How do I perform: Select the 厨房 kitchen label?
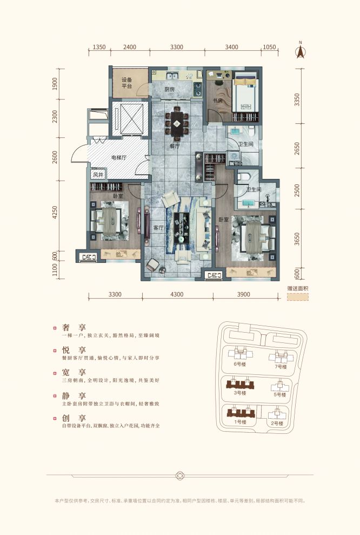[x=170, y=89]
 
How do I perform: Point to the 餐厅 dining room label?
[x=175, y=146]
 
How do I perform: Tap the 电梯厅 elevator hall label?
[x=118, y=158]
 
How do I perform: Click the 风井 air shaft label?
[x=97, y=175]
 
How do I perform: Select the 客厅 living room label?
[x=158, y=228]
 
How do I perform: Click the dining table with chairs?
[x=177, y=124]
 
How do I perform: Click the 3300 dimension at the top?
[x=177, y=48]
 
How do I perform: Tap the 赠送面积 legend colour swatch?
[x=297, y=298]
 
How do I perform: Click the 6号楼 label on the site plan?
[x=240, y=364]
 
